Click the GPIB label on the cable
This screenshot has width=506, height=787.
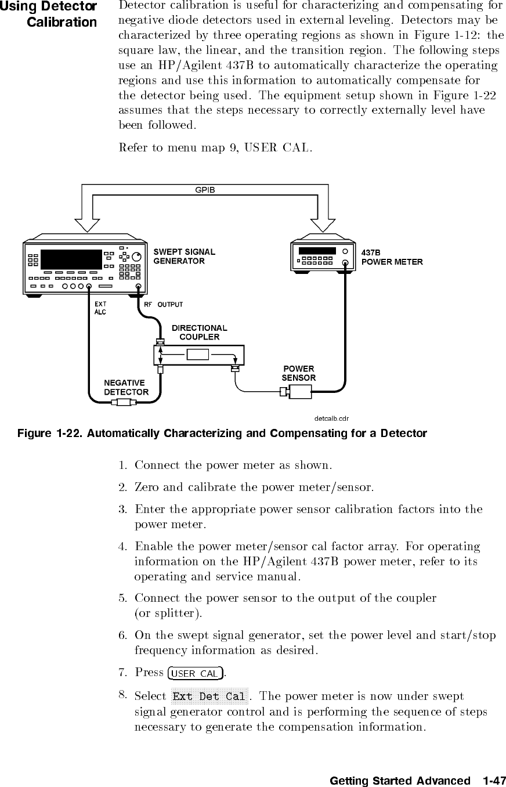[x=205, y=189]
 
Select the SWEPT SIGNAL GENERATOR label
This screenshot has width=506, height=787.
[x=184, y=256]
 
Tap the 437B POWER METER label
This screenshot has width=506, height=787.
[x=392, y=257]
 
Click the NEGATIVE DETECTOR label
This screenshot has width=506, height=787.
[x=125, y=387]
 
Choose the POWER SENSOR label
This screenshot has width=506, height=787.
[x=299, y=373]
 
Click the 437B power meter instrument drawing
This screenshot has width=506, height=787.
[x=323, y=256]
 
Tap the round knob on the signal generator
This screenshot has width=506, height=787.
[x=136, y=257]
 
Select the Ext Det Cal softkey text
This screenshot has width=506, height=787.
[x=209, y=696]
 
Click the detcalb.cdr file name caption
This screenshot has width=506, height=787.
[x=331, y=417]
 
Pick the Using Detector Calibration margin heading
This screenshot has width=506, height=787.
[x=49, y=15]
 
